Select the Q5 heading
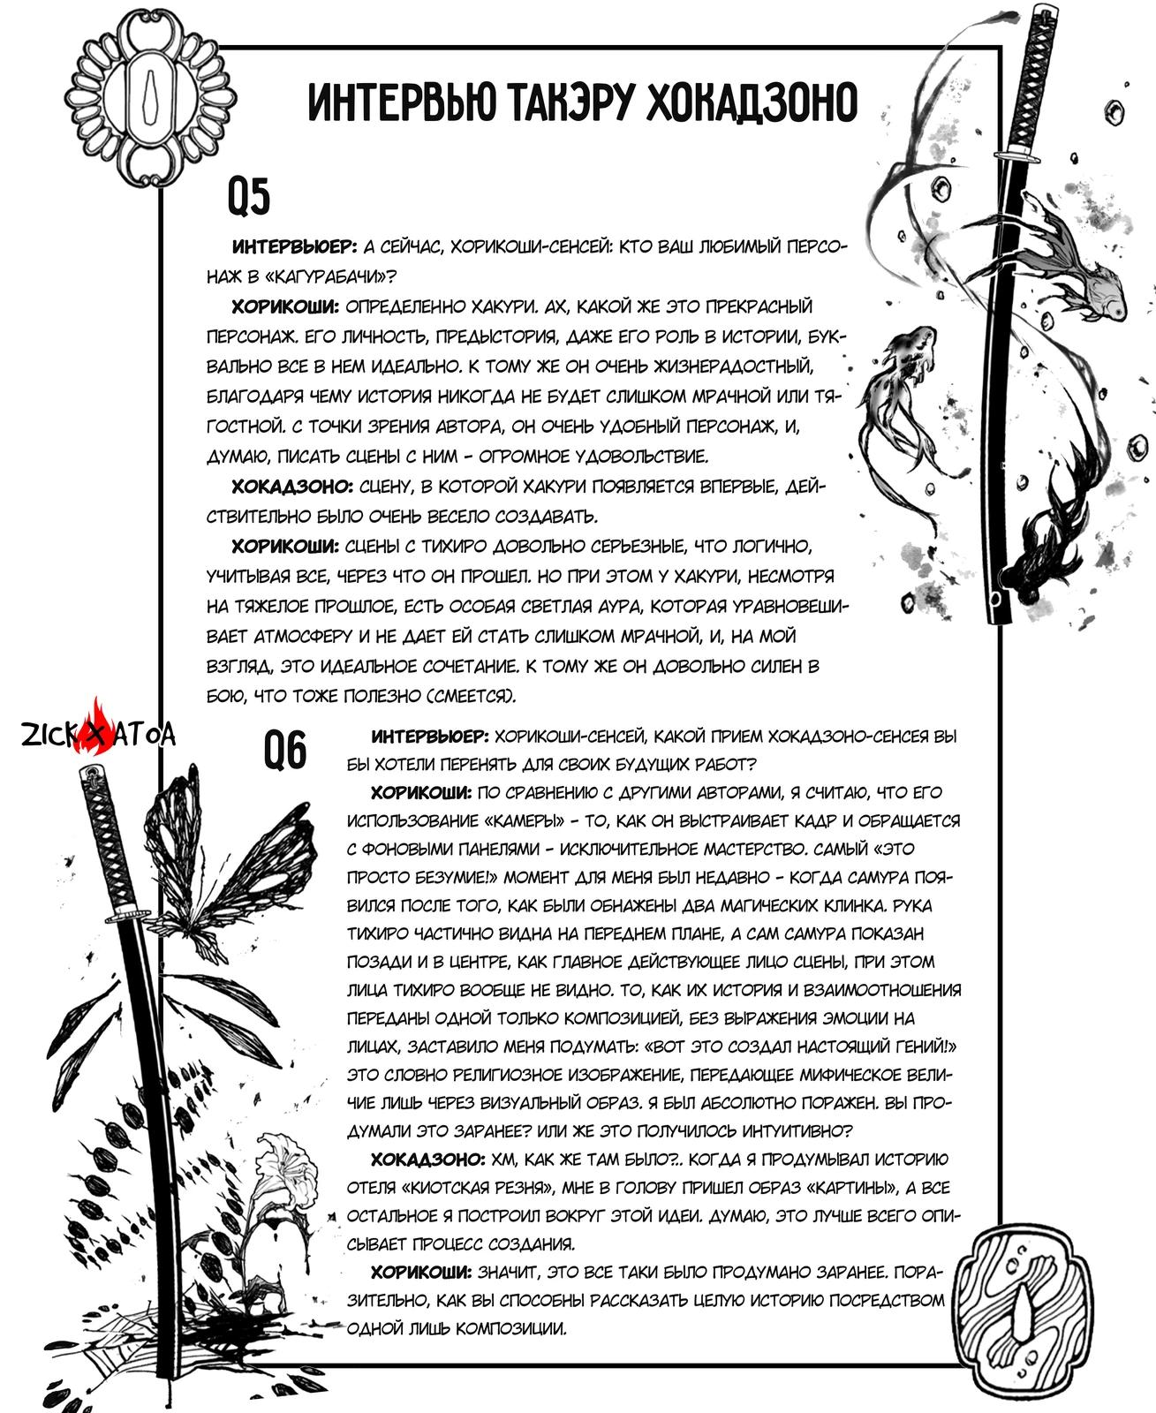pos(248,198)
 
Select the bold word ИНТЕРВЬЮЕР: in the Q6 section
pos(429,737)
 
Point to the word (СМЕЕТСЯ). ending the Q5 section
pos(472,696)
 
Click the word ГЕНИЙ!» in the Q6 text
pos(914,1047)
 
